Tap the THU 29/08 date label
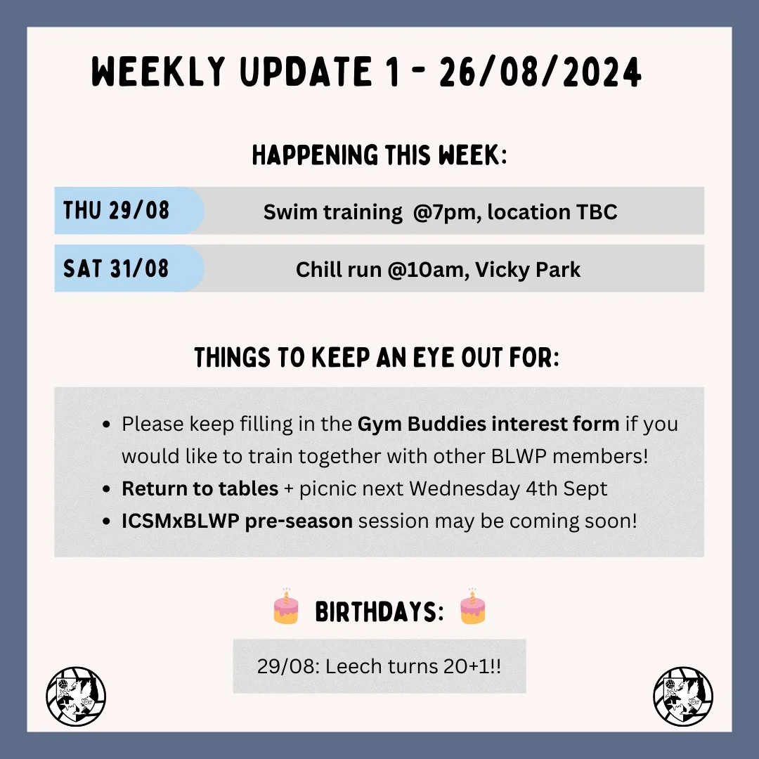tap(116, 211)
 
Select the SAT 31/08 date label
tap(116, 268)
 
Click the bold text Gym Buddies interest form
tap(488, 424)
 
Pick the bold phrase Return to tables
tap(200, 488)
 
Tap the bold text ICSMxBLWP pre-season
tap(237, 521)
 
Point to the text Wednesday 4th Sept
tap(508, 488)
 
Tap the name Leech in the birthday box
tap(356, 666)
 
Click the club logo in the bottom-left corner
tap(76, 696)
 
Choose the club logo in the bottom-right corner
tap(683, 696)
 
